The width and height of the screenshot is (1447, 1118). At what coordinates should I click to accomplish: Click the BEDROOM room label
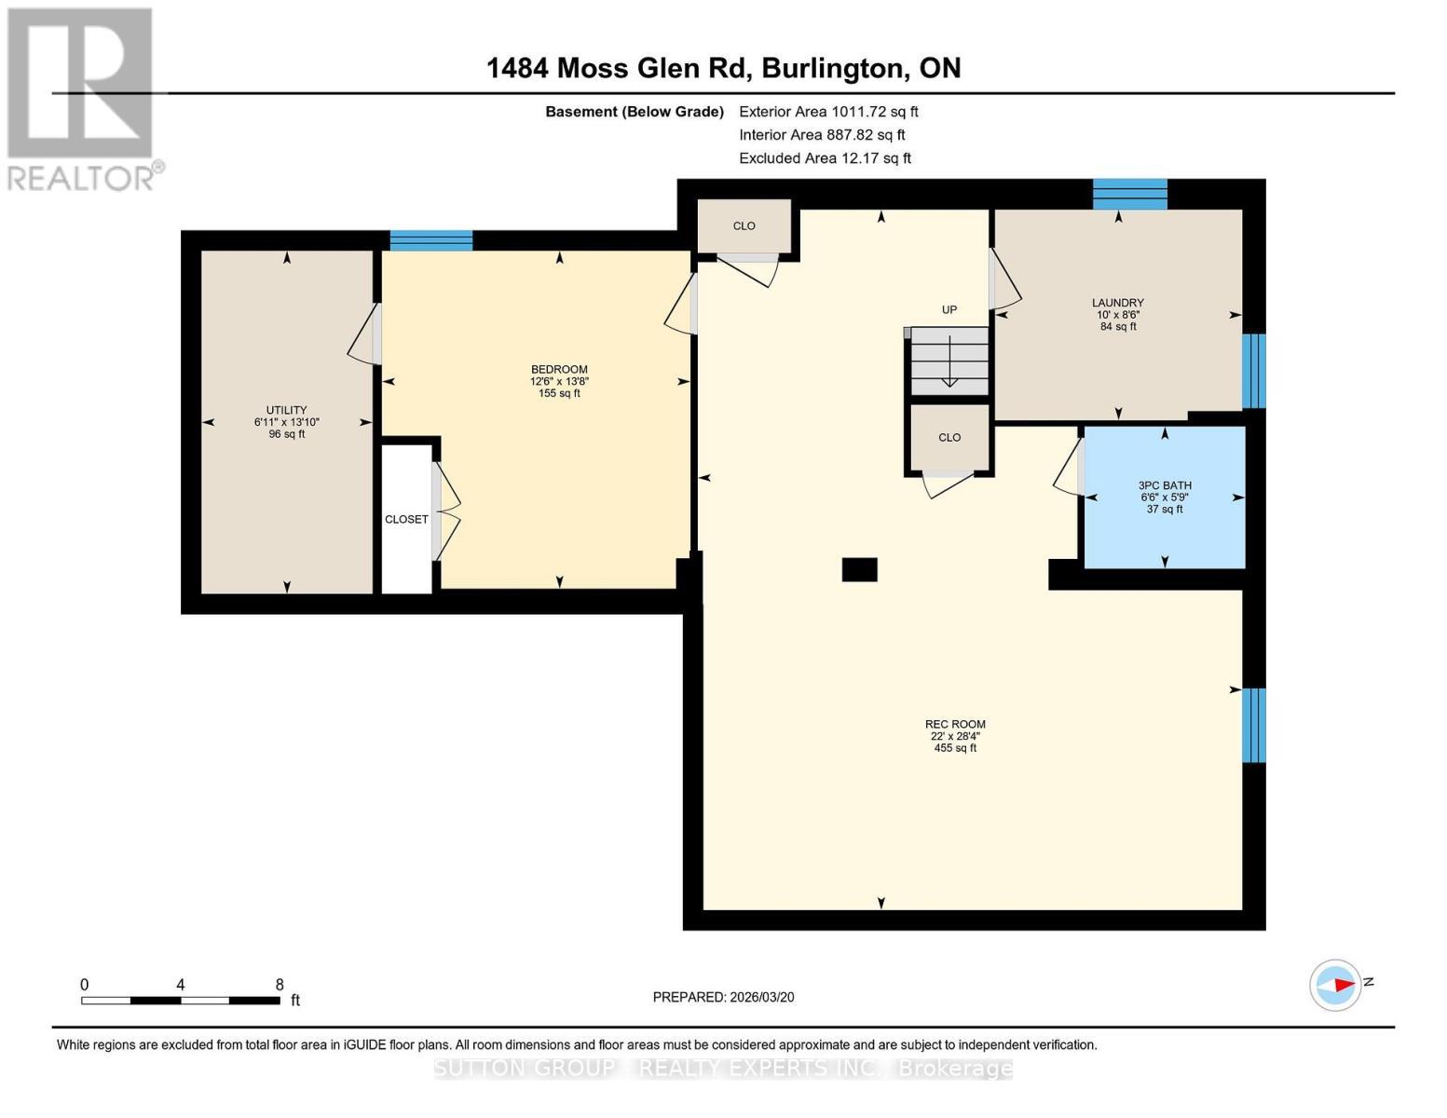(559, 370)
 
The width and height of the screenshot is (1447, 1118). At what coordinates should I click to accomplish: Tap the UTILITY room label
(286, 411)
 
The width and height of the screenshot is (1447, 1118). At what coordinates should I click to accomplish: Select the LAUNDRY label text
(1117, 303)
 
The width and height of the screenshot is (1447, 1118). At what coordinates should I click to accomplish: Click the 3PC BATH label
(1165, 485)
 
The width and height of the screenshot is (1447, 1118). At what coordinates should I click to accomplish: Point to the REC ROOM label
(955, 725)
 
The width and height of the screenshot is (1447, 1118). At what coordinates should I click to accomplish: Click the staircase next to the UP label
(949, 361)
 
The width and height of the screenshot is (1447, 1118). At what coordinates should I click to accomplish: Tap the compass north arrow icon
(1336, 985)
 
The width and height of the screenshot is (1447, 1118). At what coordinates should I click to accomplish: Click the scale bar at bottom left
(180, 1001)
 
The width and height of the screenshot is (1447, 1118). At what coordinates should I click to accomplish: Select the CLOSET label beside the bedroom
(406, 520)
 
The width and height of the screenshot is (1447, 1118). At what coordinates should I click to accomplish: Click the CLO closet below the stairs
(949, 438)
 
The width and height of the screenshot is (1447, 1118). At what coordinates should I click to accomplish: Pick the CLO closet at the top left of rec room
(744, 226)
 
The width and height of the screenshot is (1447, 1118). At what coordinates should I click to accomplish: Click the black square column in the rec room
(859, 569)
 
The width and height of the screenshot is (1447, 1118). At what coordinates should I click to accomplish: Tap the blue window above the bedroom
(430, 240)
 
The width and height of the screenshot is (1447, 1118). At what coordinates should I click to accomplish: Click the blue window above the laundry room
(1129, 194)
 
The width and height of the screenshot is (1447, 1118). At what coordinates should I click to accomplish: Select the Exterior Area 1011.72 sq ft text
(828, 112)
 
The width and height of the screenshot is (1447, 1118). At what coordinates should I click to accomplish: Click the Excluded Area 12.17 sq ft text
(825, 158)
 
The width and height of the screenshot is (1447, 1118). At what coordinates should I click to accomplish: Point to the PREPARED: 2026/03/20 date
(723, 997)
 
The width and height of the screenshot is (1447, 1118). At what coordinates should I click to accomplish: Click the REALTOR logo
(81, 99)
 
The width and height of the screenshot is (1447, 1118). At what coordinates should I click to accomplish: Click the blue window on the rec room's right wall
(1254, 725)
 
